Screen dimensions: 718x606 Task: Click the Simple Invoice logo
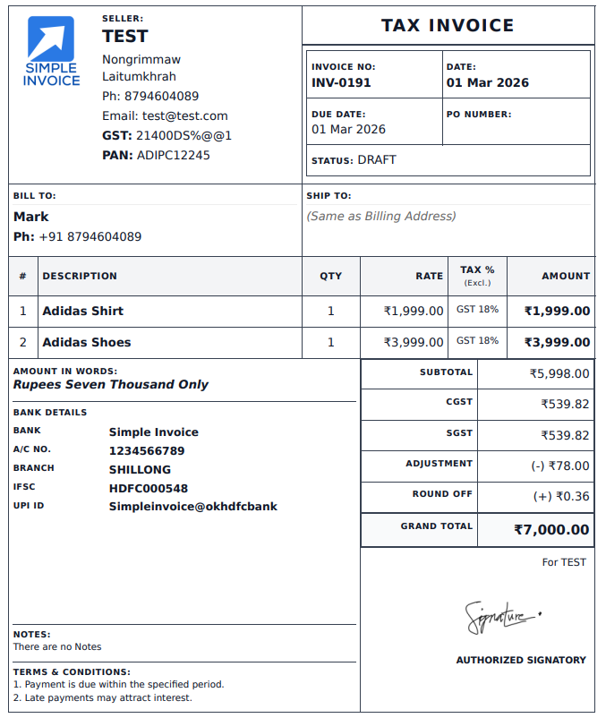pyautogui.click(x=51, y=52)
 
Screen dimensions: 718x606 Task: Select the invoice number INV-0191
pyautogui.click(x=341, y=83)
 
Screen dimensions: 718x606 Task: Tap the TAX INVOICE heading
pyautogui.click(x=448, y=26)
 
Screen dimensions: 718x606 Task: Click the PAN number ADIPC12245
pyautogui.click(x=174, y=156)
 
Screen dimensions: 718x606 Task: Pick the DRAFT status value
pyautogui.click(x=377, y=160)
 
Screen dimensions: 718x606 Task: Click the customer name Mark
pyautogui.click(x=31, y=217)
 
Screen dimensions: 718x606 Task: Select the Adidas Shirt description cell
pyautogui.click(x=83, y=312)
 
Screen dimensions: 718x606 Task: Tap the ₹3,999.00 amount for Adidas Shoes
pyautogui.click(x=557, y=343)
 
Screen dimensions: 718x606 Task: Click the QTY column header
pyautogui.click(x=331, y=277)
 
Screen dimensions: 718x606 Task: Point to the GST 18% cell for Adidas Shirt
pyautogui.click(x=477, y=310)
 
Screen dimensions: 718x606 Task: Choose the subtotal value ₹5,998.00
pyautogui.click(x=559, y=374)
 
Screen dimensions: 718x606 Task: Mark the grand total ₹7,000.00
pyautogui.click(x=551, y=530)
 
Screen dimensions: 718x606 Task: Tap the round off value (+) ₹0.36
pyautogui.click(x=561, y=496)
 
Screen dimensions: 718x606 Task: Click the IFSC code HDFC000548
pyautogui.click(x=149, y=489)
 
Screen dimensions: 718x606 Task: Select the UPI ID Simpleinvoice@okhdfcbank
pyautogui.click(x=193, y=507)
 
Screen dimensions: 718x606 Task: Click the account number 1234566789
pyautogui.click(x=147, y=451)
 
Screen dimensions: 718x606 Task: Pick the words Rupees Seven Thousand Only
pyautogui.click(x=111, y=385)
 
